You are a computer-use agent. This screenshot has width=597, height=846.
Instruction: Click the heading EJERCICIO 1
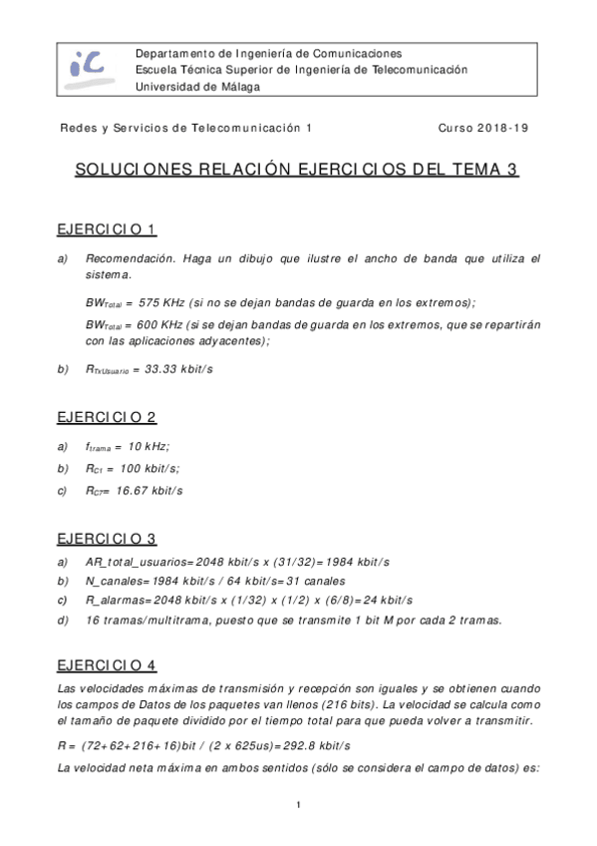tap(107, 230)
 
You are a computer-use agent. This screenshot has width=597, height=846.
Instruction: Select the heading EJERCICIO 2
tap(107, 417)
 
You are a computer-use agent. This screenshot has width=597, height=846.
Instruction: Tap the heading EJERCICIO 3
tap(107, 539)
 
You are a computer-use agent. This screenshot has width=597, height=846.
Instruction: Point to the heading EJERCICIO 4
tap(107, 663)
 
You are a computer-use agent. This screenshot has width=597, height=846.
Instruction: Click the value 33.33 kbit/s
tap(179, 369)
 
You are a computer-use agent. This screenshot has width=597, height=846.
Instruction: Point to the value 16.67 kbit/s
tap(149, 491)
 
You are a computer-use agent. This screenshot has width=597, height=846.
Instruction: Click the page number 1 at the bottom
tap(298, 805)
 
